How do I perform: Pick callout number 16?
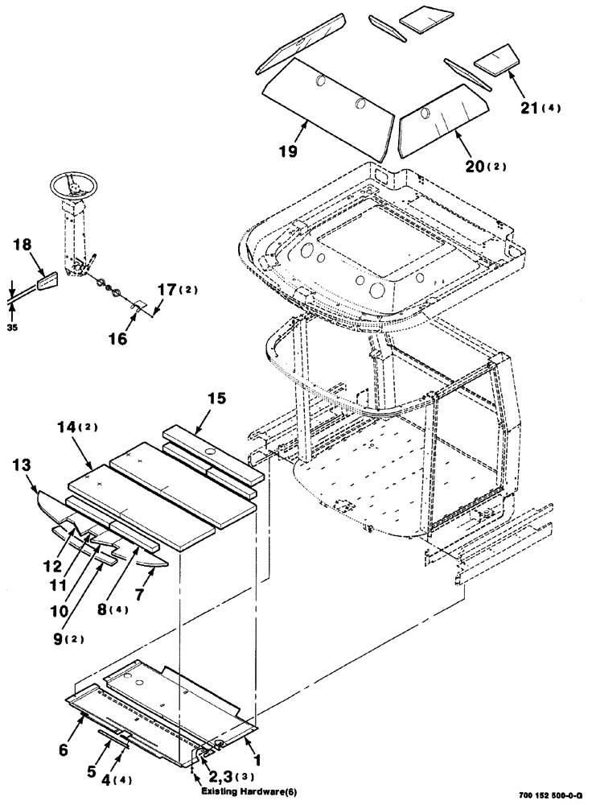[117, 339]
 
